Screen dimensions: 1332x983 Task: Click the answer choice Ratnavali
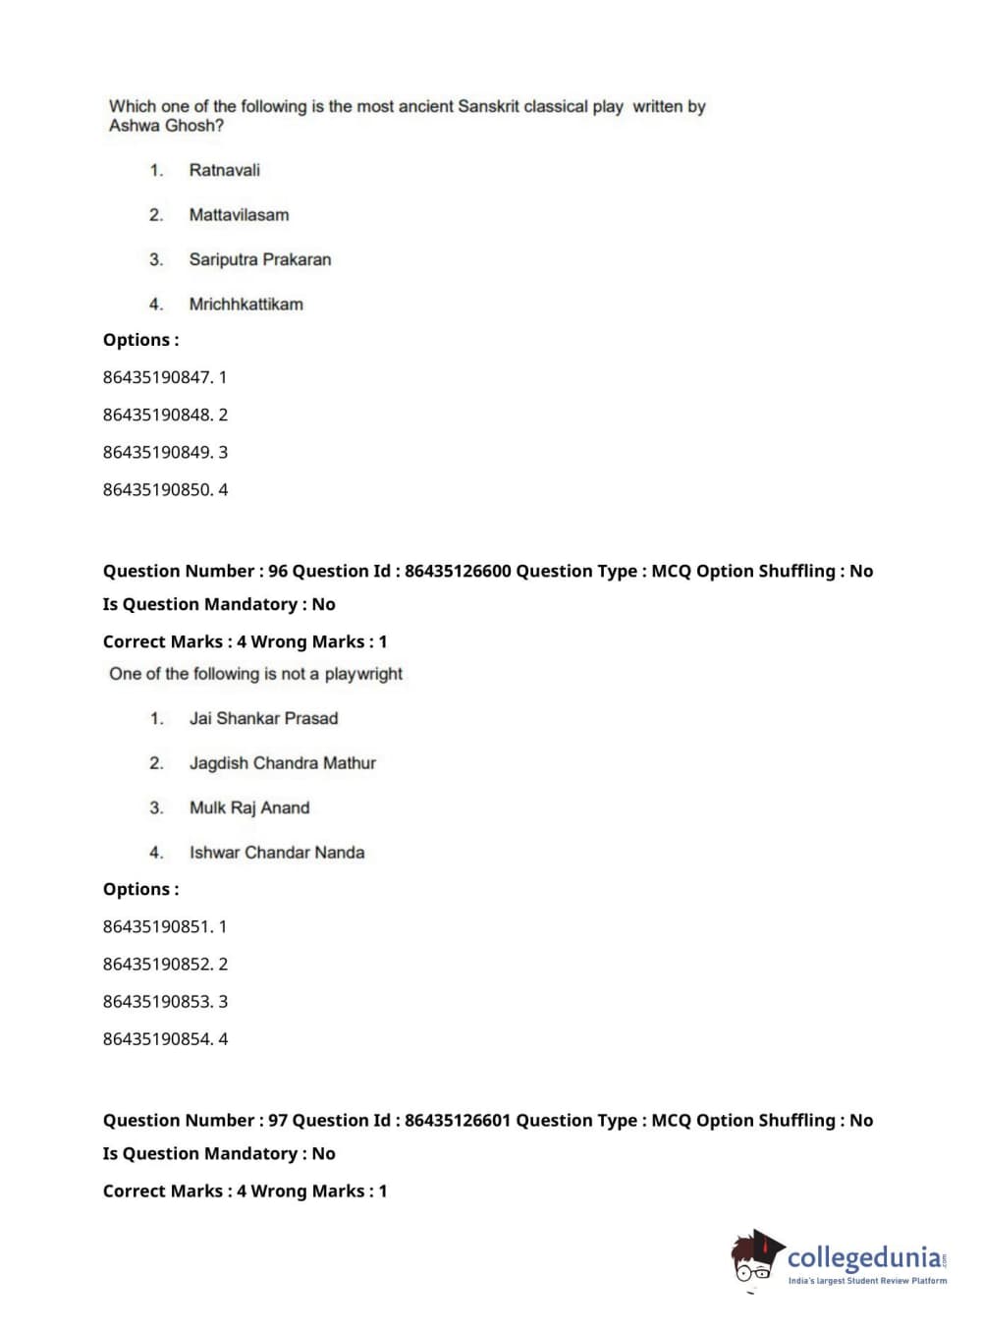(224, 170)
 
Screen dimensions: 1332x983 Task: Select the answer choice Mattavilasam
(239, 215)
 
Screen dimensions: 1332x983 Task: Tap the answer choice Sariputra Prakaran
(259, 259)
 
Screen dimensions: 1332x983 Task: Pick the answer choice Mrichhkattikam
(246, 305)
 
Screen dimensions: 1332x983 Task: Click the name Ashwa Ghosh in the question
(166, 126)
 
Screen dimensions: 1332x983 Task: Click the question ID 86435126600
(458, 571)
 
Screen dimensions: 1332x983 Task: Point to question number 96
(278, 571)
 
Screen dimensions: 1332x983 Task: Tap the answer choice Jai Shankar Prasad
(263, 718)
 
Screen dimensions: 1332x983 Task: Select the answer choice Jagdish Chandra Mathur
(282, 763)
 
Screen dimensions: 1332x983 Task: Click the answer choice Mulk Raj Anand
(249, 807)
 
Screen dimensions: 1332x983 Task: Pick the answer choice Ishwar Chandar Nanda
(276, 853)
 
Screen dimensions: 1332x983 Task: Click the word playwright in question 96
(363, 674)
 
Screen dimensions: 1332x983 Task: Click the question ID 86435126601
(458, 1120)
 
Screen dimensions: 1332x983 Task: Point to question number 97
(278, 1120)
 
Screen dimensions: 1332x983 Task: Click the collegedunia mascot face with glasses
(754, 1261)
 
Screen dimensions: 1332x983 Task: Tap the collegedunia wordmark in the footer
(864, 1257)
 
